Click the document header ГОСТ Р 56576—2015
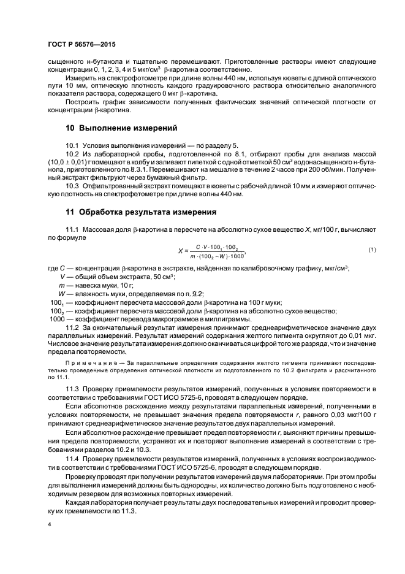(81, 45)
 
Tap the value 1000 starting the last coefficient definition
(57, 319)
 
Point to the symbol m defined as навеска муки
(62, 286)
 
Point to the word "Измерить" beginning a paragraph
(81, 78)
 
